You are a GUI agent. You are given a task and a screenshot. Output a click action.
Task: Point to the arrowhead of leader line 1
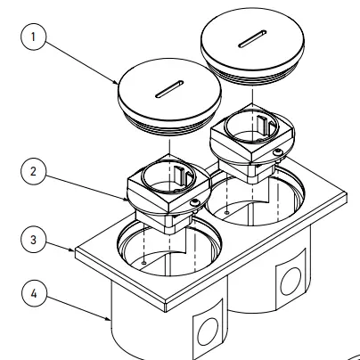click(x=120, y=84)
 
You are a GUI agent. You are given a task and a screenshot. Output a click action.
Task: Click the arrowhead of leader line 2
click(x=130, y=194)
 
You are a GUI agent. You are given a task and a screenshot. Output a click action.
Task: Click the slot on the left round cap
click(x=168, y=89)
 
